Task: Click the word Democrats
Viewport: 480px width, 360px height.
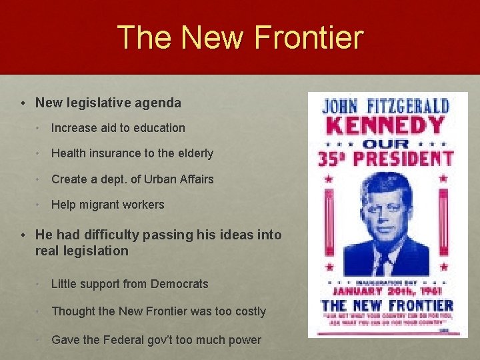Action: [x=179, y=284]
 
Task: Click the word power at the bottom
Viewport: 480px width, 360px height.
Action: [x=245, y=340]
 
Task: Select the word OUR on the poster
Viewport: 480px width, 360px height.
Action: [x=388, y=143]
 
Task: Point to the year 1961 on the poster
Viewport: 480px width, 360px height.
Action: [x=437, y=291]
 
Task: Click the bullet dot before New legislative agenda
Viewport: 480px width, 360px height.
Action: [x=23, y=103]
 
